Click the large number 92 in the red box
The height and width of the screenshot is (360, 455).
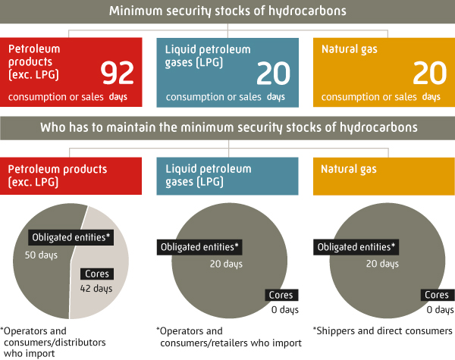pyautogui.click(x=117, y=73)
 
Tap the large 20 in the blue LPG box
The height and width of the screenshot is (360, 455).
pyautogui.click(x=273, y=73)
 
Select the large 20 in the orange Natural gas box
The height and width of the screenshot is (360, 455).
pyautogui.click(x=430, y=73)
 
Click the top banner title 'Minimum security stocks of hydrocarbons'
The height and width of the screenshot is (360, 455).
pyautogui.click(x=227, y=11)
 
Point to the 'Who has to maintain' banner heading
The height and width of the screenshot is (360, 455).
pyautogui.click(x=229, y=127)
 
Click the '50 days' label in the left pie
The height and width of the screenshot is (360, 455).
pyautogui.click(x=41, y=255)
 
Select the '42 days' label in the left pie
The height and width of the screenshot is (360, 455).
pyautogui.click(x=96, y=289)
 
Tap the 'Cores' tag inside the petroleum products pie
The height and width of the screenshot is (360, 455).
pyautogui.click(x=97, y=274)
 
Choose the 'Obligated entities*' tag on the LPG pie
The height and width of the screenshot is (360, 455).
pyautogui.click(x=199, y=247)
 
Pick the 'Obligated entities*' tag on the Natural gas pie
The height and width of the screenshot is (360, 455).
pyautogui.click(x=356, y=247)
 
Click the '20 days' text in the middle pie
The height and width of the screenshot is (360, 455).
pyautogui.click(x=226, y=264)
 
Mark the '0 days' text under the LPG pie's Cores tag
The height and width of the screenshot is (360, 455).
pyautogui.click(x=285, y=310)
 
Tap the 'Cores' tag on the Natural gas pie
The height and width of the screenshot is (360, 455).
pyautogui.click(x=438, y=295)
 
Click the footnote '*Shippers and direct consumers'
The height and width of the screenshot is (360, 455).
pyautogui.click(x=383, y=331)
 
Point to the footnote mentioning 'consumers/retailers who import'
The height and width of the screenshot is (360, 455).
pyautogui.click(x=229, y=337)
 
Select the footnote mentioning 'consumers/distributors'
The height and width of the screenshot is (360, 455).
pyautogui.click(x=53, y=343)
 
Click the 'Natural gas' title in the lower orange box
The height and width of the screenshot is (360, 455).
pyautogui.click(x=349, y=169)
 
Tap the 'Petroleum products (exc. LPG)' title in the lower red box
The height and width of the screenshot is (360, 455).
pyautogui.click(x=58, y=176)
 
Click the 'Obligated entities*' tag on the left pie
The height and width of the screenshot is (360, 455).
pyautogui.click(x=71, y=237)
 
